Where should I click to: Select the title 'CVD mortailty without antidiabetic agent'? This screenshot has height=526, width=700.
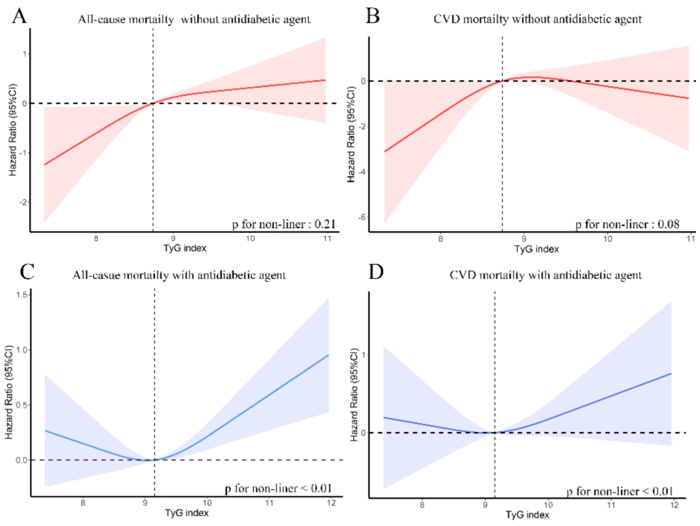point(533,19)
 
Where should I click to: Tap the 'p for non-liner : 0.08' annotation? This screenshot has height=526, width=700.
point(627,224)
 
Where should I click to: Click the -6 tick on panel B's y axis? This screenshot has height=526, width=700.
point(361,217)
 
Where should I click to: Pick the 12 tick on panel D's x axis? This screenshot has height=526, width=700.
point(674,507)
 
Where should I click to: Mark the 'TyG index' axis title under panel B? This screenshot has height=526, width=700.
point(537,249)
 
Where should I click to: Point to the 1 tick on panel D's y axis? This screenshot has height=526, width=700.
point(364,354)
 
